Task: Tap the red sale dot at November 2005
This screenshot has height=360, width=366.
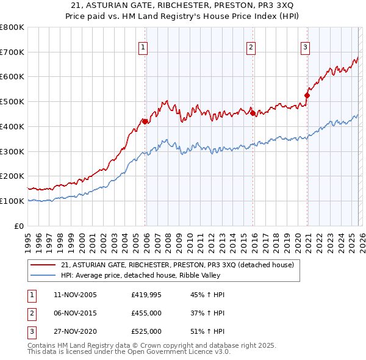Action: (x=145, y=121)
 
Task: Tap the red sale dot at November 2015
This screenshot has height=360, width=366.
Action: (x=253, y=113)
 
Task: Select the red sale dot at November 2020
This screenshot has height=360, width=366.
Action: (x=307, y=95)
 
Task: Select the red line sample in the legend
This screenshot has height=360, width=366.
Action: (x=43, y=265)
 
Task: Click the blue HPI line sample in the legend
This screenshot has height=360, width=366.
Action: (x=43, y=275)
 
